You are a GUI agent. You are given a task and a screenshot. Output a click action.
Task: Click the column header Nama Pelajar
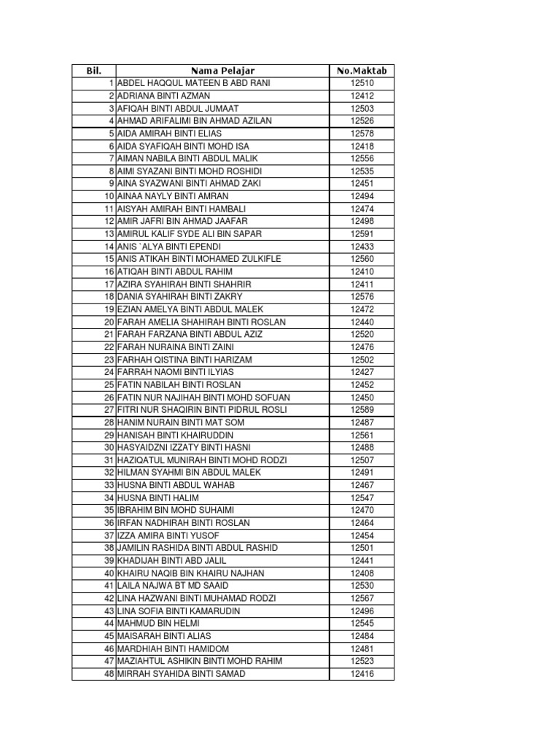222,71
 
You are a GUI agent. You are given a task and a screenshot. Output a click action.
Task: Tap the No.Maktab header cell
362,71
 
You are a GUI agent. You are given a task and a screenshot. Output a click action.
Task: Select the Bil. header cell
93,71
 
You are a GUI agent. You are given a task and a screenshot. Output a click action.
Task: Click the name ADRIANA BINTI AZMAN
163,96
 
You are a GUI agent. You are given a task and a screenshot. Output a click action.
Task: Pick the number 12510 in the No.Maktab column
362,83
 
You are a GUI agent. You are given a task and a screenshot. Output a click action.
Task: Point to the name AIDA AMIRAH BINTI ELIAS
169,133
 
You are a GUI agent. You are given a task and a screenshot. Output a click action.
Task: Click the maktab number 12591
362,233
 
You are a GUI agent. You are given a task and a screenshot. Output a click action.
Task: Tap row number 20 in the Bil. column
109,322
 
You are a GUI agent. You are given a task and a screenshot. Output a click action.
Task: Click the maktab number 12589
362,409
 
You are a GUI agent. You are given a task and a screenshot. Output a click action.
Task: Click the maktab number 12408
362,573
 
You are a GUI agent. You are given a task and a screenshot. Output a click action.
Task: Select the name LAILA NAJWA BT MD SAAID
173,586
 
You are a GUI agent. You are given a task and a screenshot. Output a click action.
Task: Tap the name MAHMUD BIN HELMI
158,624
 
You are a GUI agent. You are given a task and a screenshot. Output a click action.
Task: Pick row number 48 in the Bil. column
109,673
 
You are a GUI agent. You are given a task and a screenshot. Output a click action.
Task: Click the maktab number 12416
362,673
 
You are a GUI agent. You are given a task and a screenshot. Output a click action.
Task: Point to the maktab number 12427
362,371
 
